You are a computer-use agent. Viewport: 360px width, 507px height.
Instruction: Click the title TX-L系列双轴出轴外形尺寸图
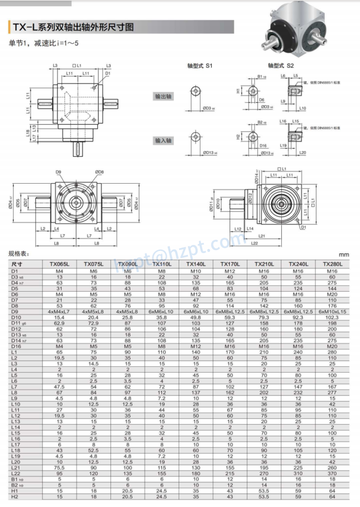[73, 28]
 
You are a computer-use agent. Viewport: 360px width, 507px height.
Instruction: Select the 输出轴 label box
[163, 97]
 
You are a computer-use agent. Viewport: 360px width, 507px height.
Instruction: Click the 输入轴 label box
[163, 141]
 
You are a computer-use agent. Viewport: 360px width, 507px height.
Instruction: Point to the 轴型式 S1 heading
[200, 65]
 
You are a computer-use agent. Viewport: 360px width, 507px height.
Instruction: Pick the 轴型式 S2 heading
[281, 65]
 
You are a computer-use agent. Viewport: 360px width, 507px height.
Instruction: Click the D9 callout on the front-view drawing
[58, 172]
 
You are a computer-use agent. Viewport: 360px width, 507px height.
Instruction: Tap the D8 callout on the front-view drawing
[100, 172]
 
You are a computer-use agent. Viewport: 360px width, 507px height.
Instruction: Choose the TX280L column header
[333, 264]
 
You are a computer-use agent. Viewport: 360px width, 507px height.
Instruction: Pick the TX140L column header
[196, 264]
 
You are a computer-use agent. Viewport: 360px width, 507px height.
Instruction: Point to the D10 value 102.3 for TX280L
[333, 317]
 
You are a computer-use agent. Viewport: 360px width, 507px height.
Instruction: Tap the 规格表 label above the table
[19, 254]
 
